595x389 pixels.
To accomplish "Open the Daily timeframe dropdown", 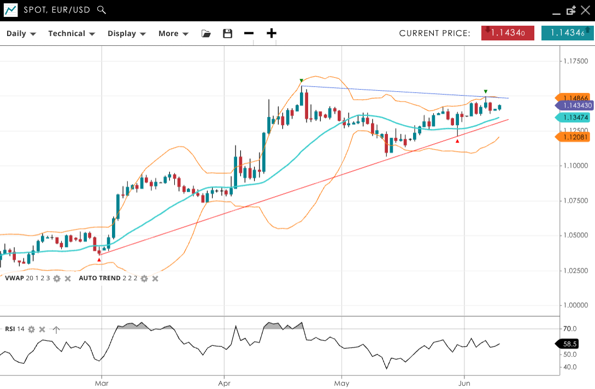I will [21, 33].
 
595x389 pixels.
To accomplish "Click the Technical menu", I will [71, 33].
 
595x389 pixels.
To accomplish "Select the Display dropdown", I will [126, 33].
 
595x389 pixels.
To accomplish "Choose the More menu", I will [173, 33].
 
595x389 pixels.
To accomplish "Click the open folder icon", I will [206, 33].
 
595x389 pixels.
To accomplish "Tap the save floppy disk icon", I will [228, 33].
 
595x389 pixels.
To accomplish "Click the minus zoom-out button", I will [249, 33].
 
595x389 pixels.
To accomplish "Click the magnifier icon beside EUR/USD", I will [101, 10].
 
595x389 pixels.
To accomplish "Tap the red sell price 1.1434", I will [508, 33].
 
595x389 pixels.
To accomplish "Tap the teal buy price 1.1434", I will [567, 33].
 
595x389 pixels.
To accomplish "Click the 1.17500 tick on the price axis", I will [576, 61].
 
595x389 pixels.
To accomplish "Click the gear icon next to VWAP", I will [57, 279].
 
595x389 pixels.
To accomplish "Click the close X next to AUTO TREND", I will [155, 279].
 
